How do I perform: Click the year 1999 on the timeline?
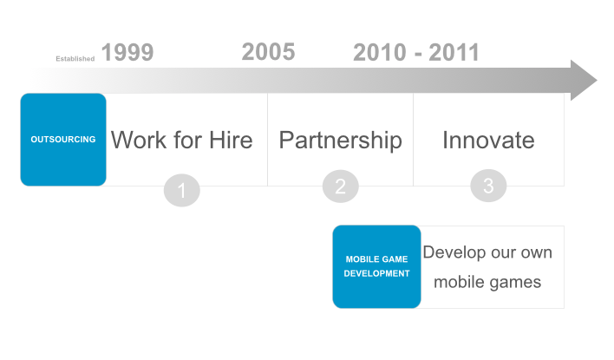(127, 53)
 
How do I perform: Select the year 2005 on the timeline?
(268, 52)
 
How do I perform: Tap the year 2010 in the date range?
(380, 53)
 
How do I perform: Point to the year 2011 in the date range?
(454, 53)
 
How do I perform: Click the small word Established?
(75, 59)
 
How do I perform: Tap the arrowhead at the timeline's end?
(584, 81)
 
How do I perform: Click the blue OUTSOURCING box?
(63, 140)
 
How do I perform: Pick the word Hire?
(231, 141)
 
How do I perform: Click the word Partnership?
(340, 141)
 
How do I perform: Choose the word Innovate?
(488, 141)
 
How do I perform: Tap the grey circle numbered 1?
(182, 190)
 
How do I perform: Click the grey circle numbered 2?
(340, 187)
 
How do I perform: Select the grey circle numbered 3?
(488, 186)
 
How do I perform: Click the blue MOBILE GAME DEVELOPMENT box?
(376, 267)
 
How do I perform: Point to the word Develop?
(454, 253)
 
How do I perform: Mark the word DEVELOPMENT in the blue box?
(376, 273)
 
